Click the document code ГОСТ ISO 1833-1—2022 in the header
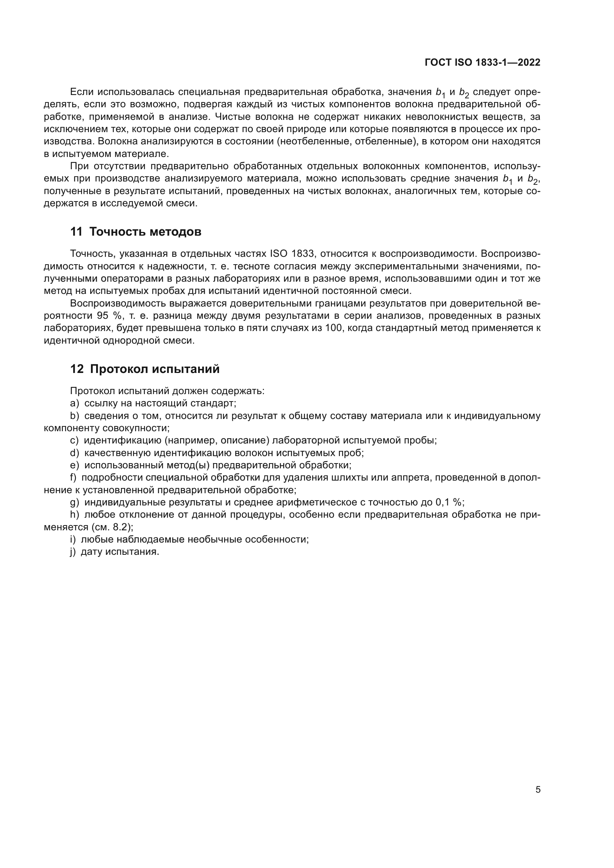483,63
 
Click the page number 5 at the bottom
538,789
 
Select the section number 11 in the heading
76,232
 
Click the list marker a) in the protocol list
74,403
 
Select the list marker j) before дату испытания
74,551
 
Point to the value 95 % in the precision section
107,316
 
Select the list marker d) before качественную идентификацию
74,453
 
